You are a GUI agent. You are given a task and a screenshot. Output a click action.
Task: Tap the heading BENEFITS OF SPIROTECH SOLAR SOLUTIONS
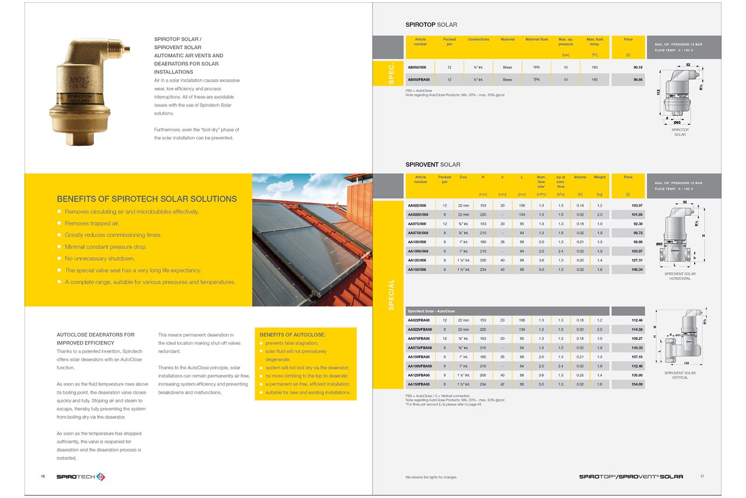[146, 199]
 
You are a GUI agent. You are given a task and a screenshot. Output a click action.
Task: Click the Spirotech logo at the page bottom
[80, 477]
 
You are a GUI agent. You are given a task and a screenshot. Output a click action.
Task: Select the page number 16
[43, 477]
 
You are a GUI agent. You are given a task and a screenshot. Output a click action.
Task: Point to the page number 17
[702, 476]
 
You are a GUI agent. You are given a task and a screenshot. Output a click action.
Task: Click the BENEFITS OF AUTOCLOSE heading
[293, 335]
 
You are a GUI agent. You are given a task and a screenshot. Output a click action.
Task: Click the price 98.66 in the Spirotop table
[637, 79]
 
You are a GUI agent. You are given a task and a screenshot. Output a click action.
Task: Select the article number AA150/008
[420, 269]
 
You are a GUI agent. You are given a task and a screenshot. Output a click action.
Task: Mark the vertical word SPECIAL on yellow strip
[391, 294]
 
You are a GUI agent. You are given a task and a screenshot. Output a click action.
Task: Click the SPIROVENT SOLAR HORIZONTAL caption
[680, 276]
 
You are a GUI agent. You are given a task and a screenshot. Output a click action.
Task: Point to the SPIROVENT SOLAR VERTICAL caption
[680, 375]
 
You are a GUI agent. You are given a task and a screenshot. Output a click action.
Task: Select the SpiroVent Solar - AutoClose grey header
[507, 311]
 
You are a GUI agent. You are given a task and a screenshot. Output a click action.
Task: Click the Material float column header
[536, 40]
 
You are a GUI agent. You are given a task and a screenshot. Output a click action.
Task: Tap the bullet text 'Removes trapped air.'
[92, 223]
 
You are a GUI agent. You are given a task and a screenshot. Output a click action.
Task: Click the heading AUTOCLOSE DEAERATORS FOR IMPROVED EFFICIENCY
[96, 339]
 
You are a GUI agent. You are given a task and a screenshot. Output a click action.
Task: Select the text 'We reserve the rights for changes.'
[431, 477]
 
